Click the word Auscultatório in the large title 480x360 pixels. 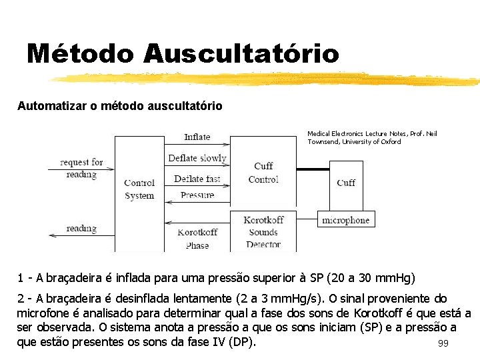click(240, 53)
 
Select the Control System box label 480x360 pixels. click(139, 189)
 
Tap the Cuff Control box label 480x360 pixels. click(263, 172)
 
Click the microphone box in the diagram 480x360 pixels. click(345, 219)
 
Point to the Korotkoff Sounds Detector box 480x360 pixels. click(263, 232)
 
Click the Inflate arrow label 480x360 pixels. click(197, 137)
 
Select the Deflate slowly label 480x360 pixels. click(197, 158)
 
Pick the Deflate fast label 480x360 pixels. click(197, 179)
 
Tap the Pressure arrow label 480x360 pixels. click(197, 195)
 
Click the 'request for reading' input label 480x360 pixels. click(81, 168)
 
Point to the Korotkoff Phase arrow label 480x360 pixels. click(197, 239)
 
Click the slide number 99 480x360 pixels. click(443, 344)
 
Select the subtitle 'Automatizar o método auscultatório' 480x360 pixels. click(120, 106)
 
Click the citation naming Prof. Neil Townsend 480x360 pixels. click(372, 138)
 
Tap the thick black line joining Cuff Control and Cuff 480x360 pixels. click(313, 169)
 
